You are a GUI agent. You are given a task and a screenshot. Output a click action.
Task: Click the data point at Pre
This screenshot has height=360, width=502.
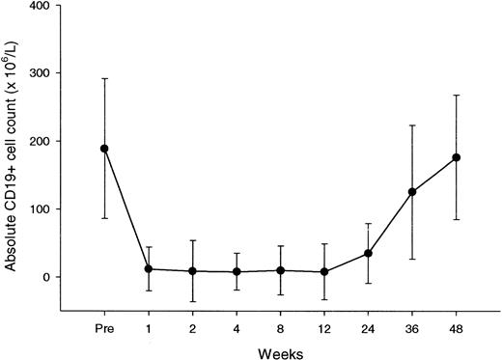[x=104, y=149]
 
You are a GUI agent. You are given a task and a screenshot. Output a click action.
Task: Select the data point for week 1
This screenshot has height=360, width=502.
[x=148, y=268]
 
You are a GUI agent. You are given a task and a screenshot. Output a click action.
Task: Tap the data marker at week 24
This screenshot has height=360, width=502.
[x=368, y=254]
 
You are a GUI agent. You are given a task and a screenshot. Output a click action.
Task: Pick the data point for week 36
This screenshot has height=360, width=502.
[x=412, y=191]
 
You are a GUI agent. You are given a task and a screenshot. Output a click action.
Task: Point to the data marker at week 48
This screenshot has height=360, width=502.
[x=456, y=157]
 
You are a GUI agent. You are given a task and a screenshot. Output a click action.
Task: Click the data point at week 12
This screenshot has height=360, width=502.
[x=323, y=272]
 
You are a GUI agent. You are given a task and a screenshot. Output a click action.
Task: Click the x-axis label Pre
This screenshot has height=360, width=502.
[x=104, y=325]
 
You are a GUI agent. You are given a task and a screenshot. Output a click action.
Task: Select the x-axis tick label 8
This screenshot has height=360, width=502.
[x=280, y=325]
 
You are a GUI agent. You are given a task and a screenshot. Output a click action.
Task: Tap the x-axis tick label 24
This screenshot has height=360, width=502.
[x=368, y=325]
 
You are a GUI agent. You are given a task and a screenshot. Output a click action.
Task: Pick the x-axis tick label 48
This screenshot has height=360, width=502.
[x=456, y=325]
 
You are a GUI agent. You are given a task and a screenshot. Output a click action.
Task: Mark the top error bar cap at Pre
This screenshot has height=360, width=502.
[x=104, y=78]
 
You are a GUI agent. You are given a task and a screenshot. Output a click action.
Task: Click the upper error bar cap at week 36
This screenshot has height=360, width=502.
[x=412, y=125]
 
